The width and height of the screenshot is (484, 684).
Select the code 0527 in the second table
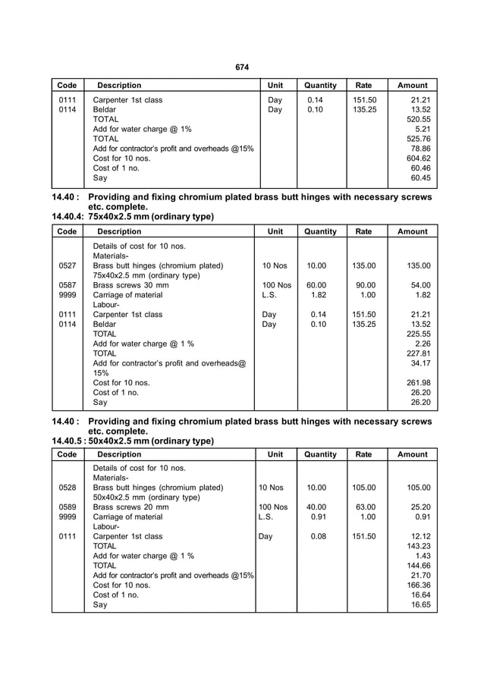67,266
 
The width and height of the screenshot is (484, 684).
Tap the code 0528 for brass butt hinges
67,488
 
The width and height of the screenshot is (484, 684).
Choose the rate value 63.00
364,507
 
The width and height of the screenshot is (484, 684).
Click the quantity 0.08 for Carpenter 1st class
316,536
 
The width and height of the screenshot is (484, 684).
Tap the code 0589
67,507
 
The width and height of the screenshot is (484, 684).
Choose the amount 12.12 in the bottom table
420,536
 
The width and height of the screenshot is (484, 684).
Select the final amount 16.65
420,605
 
